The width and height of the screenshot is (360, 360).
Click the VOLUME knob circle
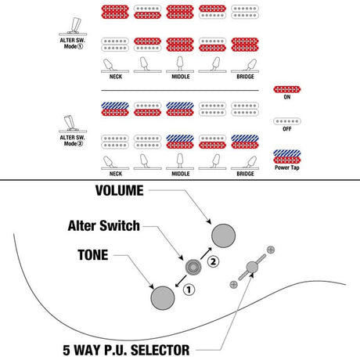click(223, 236)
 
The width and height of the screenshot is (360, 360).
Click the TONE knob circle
click(163, 298)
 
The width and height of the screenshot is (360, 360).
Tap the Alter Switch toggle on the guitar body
click(193, 267)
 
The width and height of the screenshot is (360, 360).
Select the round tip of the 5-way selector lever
click(252, 267)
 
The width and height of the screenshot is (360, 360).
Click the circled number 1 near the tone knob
click(189, 290)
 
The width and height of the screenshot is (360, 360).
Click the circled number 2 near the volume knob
click(213, 261)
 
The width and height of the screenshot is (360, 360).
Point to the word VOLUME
click(120, 190)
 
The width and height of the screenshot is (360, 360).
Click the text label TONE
click(93, 255)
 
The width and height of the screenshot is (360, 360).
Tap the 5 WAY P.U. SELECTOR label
click(126, 350)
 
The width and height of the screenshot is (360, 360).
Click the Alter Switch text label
click(104, 225)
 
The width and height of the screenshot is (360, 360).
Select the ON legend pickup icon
click(287, 89)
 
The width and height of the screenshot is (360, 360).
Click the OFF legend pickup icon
click(287, 121)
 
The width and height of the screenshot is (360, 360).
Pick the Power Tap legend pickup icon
click(287, 157)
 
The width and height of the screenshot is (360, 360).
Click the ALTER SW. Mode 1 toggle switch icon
click(73, 27)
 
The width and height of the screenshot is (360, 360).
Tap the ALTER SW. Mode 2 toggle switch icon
click(73, 124)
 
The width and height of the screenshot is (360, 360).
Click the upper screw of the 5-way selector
click(271, 250)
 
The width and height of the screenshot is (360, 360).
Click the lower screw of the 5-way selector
click(233, 284)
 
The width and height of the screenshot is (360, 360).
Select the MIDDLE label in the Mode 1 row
click(181, 77)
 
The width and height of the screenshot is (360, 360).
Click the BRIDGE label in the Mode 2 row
click(245, 174)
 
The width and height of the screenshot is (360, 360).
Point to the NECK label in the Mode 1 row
click(116, 77)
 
